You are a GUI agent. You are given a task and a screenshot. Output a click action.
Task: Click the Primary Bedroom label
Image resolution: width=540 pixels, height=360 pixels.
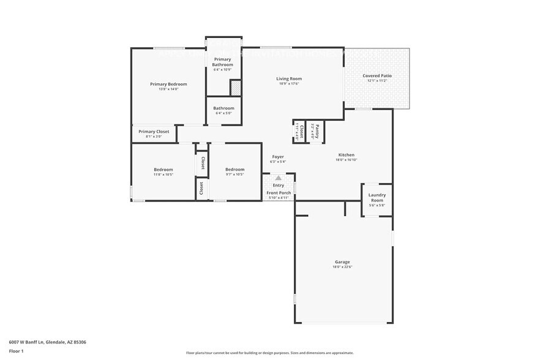(x=168, y=84)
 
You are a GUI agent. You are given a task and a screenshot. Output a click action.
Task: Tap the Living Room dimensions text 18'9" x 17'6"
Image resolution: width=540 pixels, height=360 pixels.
(x=289, y=84)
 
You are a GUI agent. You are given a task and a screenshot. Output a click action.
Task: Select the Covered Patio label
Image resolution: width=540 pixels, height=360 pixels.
(x=377, y=75)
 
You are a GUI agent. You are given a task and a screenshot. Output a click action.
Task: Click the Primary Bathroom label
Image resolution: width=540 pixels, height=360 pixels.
(x=222, y=62)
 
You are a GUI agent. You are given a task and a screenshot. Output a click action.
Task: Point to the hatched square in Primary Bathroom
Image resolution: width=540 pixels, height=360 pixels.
(x=235, y=88)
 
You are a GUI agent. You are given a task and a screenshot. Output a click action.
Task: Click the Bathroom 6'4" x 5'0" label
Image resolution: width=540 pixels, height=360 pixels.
(x=223, y=108)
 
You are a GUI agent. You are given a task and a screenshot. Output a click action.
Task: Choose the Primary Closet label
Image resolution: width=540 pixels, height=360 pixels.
(x=154, y=132)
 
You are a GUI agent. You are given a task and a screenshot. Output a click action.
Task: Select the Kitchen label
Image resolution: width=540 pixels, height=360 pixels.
(x=346, y=155)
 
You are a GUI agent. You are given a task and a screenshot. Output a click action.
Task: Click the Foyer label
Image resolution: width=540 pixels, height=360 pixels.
(x=277, y=157)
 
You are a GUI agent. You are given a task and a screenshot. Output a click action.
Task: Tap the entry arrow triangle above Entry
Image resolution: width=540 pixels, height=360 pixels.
(x=278, y=178)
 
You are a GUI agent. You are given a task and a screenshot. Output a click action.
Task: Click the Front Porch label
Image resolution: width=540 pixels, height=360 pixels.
(x=278, y=193)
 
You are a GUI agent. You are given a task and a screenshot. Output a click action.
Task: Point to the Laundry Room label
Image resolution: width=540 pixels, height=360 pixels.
(x=376, y=198)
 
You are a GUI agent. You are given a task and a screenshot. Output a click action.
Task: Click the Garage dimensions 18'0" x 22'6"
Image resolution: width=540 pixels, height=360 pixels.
(x=342, y=267)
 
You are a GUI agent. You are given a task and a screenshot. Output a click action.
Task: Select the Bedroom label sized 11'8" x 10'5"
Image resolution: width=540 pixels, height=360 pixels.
(x=163, y=170)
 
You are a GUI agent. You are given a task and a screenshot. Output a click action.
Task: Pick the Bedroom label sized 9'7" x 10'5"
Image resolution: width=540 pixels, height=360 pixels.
(x=234, y=170)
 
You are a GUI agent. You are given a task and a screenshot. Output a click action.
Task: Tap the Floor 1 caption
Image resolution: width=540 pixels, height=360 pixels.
(x=16, y=351)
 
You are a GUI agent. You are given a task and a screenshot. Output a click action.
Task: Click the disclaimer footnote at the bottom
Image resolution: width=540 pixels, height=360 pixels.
(x=269, y=353)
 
